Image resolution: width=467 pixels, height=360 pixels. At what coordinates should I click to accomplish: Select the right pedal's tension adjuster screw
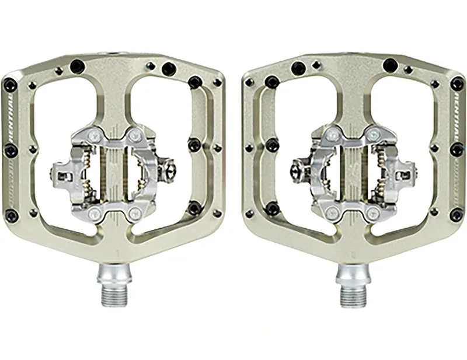click(x=296, y=170)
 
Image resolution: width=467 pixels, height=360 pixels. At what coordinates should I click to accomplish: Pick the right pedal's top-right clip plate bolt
click(x=372, y=135)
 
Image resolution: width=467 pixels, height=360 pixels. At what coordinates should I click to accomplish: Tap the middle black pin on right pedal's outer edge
click(x=457, y=151)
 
